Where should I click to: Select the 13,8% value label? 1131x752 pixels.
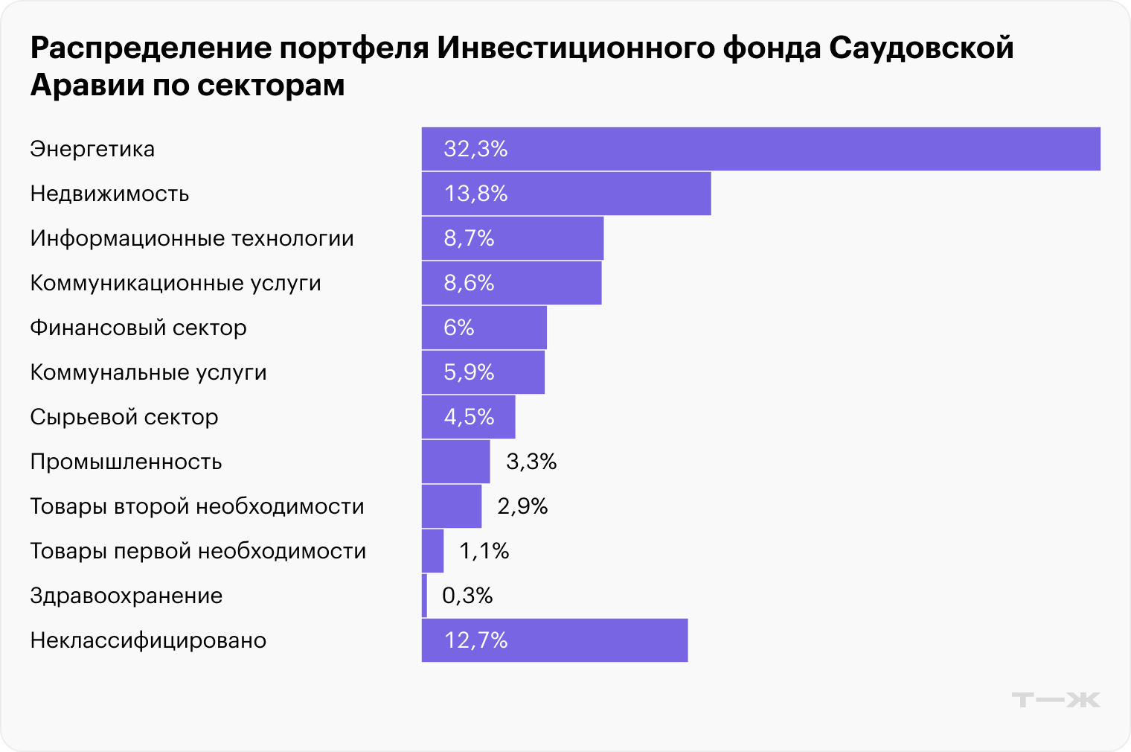coord(475,194)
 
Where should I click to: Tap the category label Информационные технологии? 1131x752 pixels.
coord(192,238)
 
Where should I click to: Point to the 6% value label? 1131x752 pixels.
coord(458,328)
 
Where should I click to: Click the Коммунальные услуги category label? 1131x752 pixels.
coord(148,372)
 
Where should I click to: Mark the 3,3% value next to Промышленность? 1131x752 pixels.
coord(531,462)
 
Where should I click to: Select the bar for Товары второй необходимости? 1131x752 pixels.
coord(451,506)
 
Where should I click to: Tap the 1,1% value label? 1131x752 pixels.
coord(484,551)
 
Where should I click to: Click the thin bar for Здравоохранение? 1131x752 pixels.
coord(424,596)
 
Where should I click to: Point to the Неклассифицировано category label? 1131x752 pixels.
coord(148,640)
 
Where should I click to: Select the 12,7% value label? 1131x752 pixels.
coord(475,640)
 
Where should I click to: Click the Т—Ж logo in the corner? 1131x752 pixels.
coord(1055,700)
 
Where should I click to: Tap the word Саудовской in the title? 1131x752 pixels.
coord(920,48)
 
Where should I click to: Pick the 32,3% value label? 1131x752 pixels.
coord(475,149)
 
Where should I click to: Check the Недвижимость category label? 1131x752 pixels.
coord(109,194)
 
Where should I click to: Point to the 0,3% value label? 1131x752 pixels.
coord(467,596)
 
